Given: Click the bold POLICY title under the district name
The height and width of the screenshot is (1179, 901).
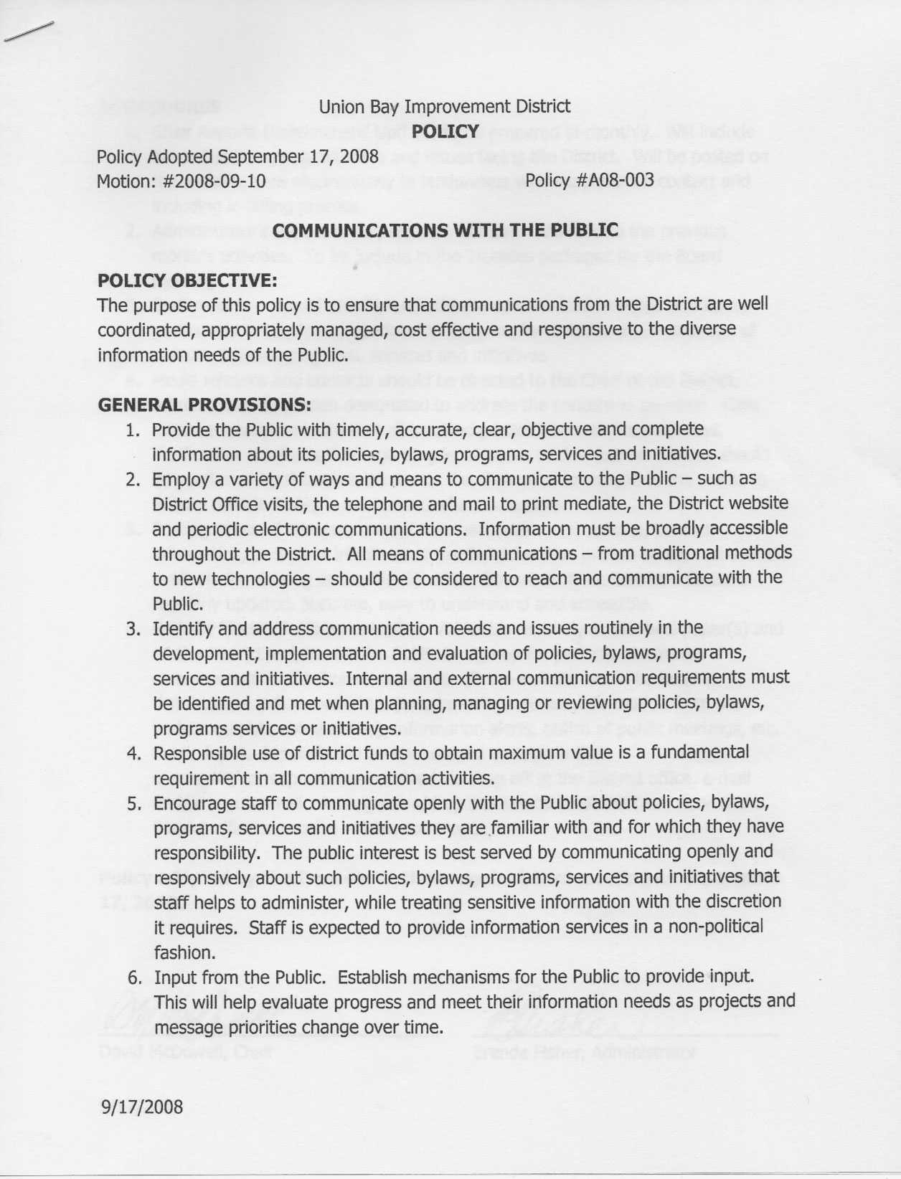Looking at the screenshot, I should [x=445, y=131].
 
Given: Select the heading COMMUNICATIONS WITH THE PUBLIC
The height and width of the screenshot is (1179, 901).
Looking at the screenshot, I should [x=445, y=230].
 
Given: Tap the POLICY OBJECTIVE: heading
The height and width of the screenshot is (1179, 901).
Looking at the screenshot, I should [x=187, y=280].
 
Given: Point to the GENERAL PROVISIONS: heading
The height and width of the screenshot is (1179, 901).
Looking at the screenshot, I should [x=204, y=404].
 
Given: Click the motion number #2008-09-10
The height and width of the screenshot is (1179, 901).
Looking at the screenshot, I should [x=214, y=181].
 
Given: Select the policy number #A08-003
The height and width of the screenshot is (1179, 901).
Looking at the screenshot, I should [x=615, y=180].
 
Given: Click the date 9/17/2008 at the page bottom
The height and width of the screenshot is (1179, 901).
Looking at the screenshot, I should [x=142, y=1107].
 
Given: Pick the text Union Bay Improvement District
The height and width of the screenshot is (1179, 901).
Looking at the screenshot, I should [x=445, y=107].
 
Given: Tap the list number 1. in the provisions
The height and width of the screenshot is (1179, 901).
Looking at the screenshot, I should [x=132, y=430].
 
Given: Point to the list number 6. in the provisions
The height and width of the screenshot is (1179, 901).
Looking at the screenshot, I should [x=133, y=977].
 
